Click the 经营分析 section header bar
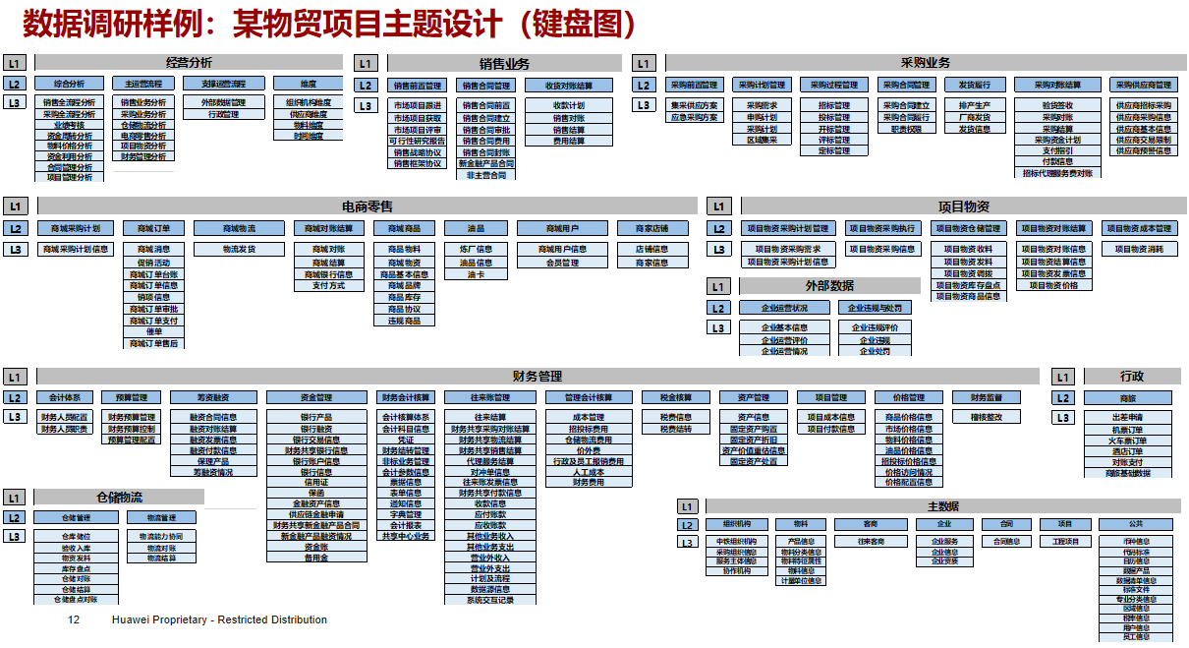(x=189, y=62)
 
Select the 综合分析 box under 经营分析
(x=69, y=84)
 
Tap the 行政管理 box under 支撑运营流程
(x=224, y=114)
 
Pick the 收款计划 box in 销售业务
(x=569, y=105)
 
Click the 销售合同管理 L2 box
(x=486, y=86)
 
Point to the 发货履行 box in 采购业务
(x=975, y=85)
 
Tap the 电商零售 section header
(x=367, y=206)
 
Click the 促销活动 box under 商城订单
(x=153, y=263)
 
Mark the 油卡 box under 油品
(x=476, y=275)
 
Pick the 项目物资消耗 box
(x=1142, y=250)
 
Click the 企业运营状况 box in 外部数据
(x=784, y=308)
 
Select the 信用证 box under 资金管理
(x=316, y=483)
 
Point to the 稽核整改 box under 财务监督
(x=987, y=417)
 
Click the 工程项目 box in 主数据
(x=1065, y=541)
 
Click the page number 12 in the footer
(x=73, y=620)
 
